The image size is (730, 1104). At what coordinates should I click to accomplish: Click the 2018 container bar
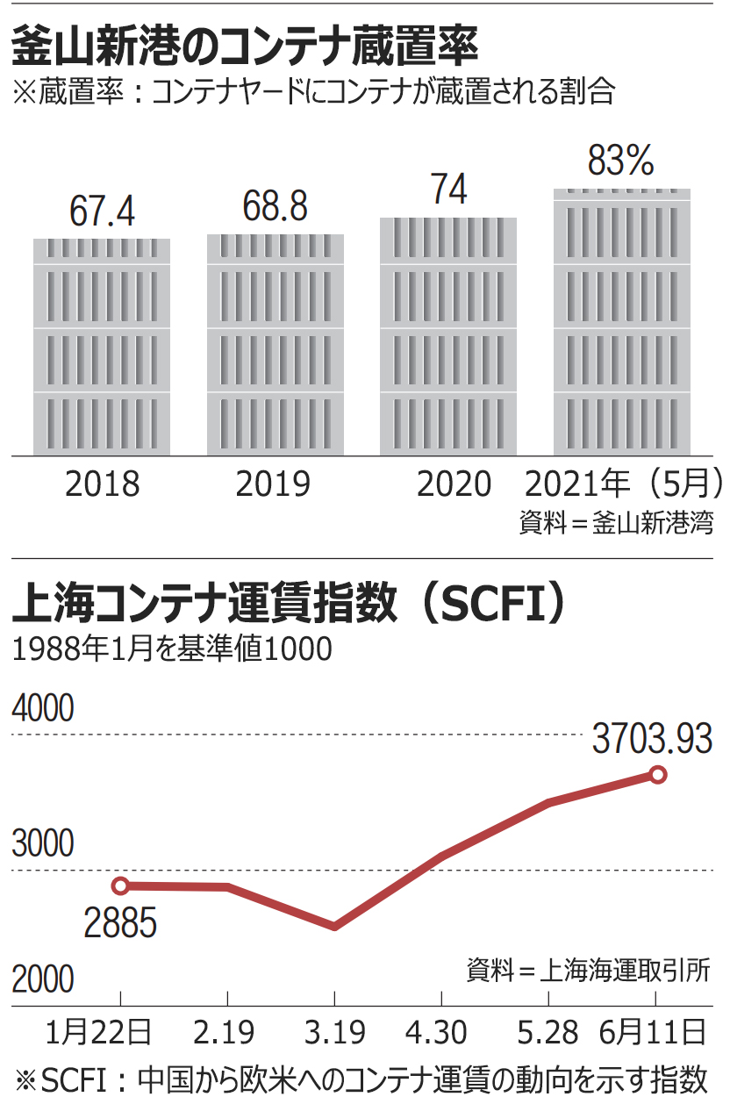(x=102, y=347)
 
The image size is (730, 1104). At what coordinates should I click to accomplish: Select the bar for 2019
(x=276, y=345)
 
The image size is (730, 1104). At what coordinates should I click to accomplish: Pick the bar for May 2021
(x=622, y=322)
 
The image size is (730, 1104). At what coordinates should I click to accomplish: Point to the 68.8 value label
(x=275, y=208)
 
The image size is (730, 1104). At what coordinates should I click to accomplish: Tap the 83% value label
(x=621, y=161)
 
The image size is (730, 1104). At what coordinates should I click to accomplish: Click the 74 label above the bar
(x=448, y=190)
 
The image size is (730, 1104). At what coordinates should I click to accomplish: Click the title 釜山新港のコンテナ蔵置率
(x=246, y=46)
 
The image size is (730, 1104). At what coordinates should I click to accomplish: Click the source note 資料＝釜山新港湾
(x=616, y=523)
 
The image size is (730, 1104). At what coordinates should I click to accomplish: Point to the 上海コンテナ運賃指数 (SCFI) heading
(x=290, y=606)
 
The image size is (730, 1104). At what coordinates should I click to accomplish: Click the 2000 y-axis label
(x=43, y=979)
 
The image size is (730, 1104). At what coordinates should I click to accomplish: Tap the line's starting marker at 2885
(x=121, y=885)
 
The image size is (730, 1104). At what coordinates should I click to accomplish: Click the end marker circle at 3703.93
(x=657, y=774)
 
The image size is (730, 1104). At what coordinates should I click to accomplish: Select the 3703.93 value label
(x=651, y=740)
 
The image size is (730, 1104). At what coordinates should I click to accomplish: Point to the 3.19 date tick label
(x=334, y=1031)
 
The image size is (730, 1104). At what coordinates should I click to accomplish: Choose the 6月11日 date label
(x=655, y=1031)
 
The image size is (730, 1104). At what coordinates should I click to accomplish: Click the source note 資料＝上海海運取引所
(x=588, y=971)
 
